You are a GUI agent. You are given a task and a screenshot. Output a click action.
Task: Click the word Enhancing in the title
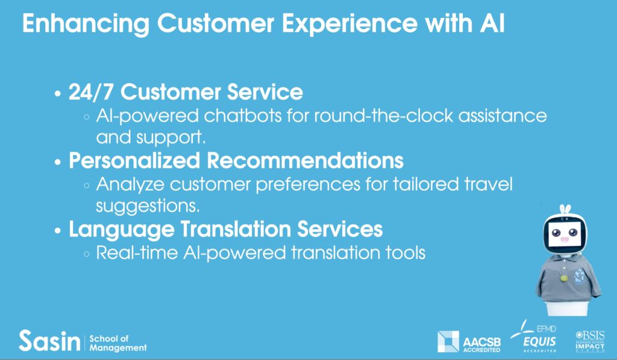tap(86, 24)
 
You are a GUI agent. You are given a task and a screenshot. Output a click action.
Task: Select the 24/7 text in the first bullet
tap(91, 92)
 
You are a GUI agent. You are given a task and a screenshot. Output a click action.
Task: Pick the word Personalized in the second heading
tap(134, 161)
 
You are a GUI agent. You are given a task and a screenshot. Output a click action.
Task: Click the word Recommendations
tap(305, 160)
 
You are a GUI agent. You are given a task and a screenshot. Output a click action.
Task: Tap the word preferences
tap(308, 185)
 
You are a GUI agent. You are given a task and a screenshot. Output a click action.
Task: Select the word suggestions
tap(148, 206)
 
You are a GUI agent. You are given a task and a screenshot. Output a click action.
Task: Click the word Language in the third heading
tap(122, 230)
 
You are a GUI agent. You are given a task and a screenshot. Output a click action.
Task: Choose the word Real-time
tap(137, 253)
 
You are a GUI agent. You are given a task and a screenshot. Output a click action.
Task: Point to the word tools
tap(406, 253)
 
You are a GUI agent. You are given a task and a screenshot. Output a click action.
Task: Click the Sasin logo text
tap(49, 341)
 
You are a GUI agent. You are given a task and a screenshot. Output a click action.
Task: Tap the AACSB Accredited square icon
tap(448, 341)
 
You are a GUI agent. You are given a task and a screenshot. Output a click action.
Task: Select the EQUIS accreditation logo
tap(534, 336)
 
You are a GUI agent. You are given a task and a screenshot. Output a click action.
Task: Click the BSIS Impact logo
tap(590, 341)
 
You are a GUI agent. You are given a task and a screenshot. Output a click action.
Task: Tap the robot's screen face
tap(565, 234)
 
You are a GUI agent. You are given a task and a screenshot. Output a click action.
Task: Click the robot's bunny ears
tap(565, 209)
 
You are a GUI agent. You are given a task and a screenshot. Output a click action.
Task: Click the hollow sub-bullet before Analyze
tap(87, 186)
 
